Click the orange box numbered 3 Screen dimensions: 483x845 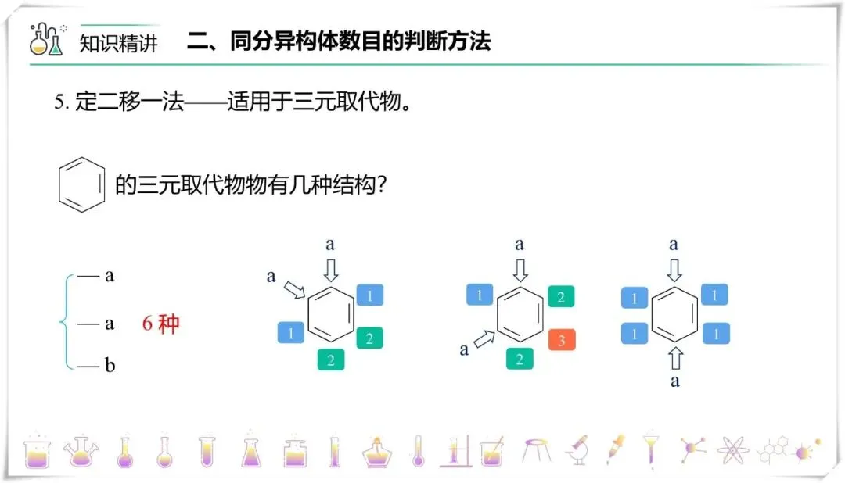point(562,340)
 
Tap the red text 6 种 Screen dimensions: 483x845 point(160,324)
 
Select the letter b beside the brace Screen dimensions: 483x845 point(110,366)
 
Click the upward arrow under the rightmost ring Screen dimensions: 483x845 point(674,359)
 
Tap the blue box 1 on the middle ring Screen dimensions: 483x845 point(480,295)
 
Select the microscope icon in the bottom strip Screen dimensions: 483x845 point(577,449)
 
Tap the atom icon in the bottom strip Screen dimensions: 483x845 point(732,450)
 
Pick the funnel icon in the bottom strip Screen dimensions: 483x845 point(650,449)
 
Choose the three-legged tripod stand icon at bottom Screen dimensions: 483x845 point(536,449)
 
